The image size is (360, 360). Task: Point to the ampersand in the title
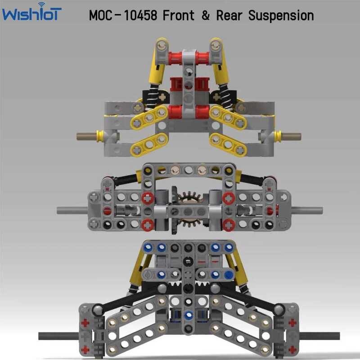point(206,15)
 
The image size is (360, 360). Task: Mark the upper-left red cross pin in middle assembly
point(148,198)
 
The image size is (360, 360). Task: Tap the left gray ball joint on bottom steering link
point(97,309)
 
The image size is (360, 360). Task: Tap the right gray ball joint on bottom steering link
point(279,309)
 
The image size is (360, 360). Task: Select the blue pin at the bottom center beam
point(189,315)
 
